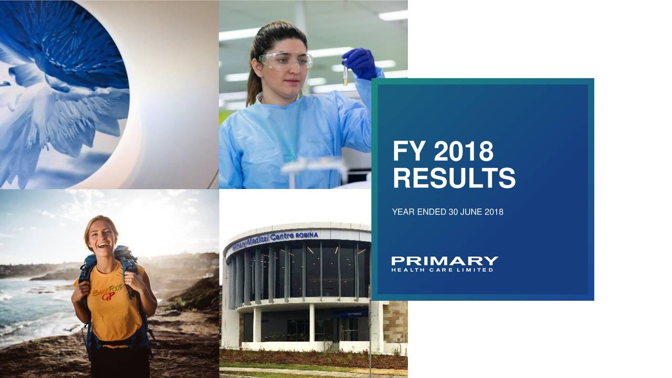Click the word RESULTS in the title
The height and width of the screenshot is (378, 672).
(x=454, y=178)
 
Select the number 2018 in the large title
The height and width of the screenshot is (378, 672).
(x=464, y=152)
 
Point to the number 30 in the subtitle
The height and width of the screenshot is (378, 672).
(x=453, y=212)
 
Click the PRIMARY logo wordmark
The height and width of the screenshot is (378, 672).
(x=445, y=261)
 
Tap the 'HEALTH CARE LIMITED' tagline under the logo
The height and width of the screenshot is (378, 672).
(x=442, y=270)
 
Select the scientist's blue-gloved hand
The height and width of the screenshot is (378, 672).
(x=360, y=64)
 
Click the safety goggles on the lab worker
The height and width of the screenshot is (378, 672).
(x=286, y=61)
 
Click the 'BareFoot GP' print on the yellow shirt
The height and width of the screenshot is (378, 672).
(x=108, y=292)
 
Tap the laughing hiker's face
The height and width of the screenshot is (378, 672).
(x=101, y=237)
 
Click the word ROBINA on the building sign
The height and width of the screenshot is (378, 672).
(x=307, y=235)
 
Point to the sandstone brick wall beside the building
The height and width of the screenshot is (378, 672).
(x=395, y=322)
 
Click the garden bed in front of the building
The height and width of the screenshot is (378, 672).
(x=313, y=359)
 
